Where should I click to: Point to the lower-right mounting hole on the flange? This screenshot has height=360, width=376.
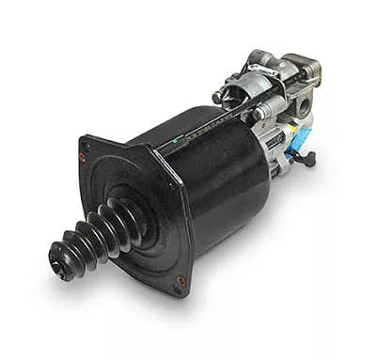click(180, 280)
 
